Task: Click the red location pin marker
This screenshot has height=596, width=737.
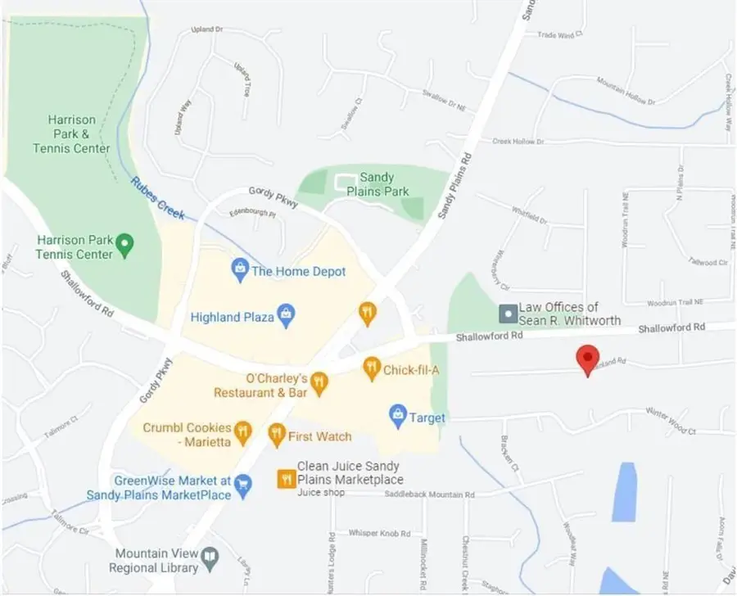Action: coord(586,358)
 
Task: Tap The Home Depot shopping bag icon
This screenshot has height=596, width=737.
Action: coord(240,269)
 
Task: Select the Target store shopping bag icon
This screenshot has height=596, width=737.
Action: coord(398,416)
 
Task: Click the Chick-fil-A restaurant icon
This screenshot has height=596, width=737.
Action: coord(372,369)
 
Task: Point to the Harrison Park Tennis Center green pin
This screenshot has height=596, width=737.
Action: coord(124,243)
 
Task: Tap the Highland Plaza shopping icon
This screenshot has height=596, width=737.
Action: coord(286,315)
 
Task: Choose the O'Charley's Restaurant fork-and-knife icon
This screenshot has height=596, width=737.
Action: coord(319,382)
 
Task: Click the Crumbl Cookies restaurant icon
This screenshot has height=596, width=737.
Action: coord(242,431)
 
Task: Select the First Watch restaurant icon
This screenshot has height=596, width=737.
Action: coord(276,434)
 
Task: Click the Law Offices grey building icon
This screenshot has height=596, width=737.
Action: coord(508,314)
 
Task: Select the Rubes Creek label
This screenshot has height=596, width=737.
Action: coord(158,199)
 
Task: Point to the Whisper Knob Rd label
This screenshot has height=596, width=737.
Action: coord(379,533)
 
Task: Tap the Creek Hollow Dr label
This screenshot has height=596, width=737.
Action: coord(518,142)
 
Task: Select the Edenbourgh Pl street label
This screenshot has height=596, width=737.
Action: coord(252,213)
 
